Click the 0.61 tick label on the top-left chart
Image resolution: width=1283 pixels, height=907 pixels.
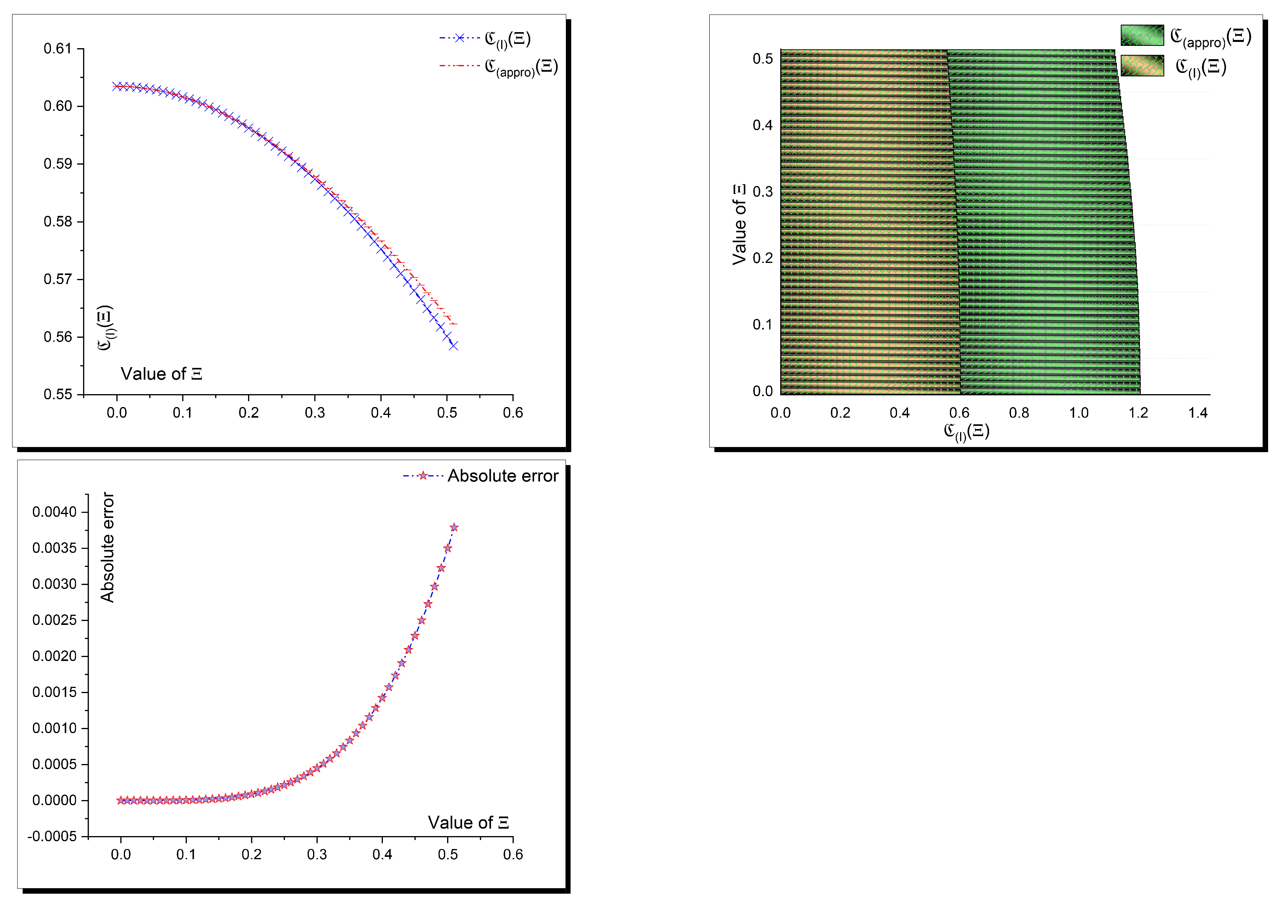click(x=58, y=49)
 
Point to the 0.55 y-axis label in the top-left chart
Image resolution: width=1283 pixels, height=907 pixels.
click(x=58, y=394)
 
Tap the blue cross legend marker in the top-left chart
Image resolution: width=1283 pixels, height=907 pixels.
click(x=459, y=38)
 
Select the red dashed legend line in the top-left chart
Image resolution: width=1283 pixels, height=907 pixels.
click(x=459, y=66)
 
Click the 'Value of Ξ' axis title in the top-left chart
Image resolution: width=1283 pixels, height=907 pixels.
click(x=161, y=374)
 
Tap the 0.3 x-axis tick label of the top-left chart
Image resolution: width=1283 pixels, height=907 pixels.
click(x=315, y=413)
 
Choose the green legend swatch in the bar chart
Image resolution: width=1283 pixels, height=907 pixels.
click(x=1142, y=35)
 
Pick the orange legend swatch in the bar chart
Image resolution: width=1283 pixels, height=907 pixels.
click(x=1142, y=66)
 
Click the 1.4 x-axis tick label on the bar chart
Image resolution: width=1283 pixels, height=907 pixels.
click(x=1198, y=413)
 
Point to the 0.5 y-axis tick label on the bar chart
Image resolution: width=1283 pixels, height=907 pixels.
click(x=762, y=59)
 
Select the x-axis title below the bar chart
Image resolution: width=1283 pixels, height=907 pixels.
click(x=966, y=431)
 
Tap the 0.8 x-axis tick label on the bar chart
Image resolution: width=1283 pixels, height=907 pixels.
click(x=1019, y=413)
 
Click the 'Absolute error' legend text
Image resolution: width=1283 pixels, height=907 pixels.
click(x=502, y=476)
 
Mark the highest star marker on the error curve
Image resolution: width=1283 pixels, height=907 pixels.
click(x=454, y=527)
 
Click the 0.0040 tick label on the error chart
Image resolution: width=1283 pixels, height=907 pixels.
click(x=54, y=512)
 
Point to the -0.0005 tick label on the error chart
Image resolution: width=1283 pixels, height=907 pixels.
click(x=52, y=836)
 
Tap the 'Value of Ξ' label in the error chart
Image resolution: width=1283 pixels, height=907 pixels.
click(x=468, y=823)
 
